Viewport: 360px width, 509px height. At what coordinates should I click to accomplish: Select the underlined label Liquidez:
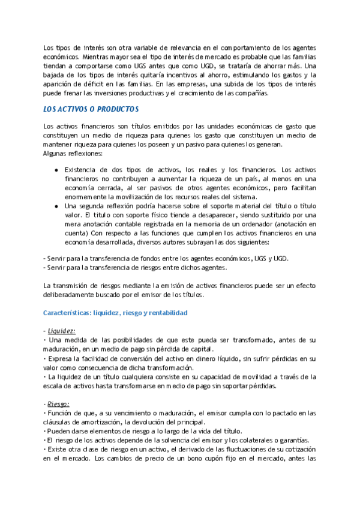62,331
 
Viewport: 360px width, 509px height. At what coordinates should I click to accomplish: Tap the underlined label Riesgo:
59,404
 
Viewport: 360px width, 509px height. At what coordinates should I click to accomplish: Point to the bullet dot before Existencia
56,169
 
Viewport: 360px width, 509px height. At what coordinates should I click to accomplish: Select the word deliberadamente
75,295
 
